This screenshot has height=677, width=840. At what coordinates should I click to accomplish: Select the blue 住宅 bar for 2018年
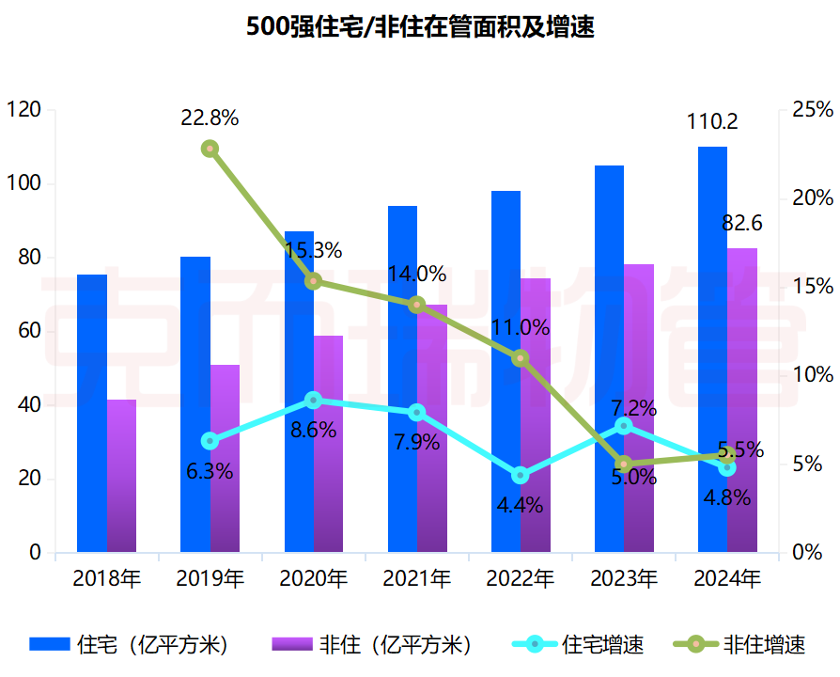point(92,414)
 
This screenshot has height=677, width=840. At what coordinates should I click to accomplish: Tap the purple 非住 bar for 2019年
point(225,458)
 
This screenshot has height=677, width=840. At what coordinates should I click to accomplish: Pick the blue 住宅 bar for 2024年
point(712,348)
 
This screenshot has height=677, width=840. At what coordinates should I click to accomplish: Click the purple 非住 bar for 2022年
point(536,415)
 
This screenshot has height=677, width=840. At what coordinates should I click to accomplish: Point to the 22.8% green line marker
point(210,149)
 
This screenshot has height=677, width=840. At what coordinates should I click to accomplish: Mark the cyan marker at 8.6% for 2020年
point(314,401)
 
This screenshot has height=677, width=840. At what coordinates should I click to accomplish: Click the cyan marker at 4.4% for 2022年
point(521,475)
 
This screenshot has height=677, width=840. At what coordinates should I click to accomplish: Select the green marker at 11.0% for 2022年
point(521,358)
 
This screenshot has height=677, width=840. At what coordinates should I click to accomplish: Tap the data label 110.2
point(712,122)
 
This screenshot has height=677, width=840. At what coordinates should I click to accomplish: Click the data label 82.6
point(741,224)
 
